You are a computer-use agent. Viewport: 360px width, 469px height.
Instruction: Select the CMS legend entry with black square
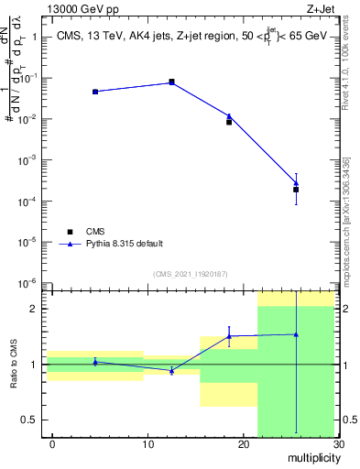[x=95, y=232]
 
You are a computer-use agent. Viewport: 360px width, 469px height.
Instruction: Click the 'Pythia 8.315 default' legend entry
[x=125, y=244]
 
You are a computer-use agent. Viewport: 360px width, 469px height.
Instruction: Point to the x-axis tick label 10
[x=147, y=444]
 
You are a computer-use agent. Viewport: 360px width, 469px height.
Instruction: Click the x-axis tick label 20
[x=243, y=444]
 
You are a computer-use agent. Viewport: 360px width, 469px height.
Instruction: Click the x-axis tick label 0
[x=52, y=444]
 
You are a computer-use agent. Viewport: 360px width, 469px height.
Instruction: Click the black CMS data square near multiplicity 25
[x=296, y=190]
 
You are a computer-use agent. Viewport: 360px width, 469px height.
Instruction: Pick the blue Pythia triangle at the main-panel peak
[x=171, y=82]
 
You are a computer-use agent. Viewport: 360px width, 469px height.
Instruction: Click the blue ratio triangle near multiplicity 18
[x=229, y=336]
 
